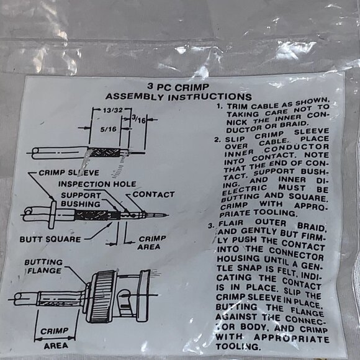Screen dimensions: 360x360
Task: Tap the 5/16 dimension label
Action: coord(109,130)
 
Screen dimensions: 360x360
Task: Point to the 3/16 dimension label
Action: coord(139,119)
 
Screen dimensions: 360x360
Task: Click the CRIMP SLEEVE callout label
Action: coord(69,173)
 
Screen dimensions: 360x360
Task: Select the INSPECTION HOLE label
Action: coord(97,184)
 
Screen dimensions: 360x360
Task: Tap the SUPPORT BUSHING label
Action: coord(81,199)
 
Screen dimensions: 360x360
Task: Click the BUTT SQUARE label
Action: coord(50,240)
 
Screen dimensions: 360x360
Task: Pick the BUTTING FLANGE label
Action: coord(43,266)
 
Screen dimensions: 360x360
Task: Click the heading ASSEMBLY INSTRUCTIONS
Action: coord(179,97)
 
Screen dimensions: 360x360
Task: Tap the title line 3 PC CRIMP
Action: coord(178,87)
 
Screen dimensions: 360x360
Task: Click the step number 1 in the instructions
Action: coord(219,106)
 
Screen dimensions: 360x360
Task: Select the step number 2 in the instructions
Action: coord(217,140)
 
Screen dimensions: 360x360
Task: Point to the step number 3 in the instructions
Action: coord(211,225)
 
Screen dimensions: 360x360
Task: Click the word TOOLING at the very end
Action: coord(238,346)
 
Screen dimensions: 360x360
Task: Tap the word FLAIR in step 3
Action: coord(231,223)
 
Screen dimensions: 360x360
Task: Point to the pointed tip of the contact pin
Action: coord(169,215)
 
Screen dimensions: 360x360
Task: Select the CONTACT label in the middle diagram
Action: coord(153,194)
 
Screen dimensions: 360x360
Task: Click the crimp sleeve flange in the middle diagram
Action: coord(53,214)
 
